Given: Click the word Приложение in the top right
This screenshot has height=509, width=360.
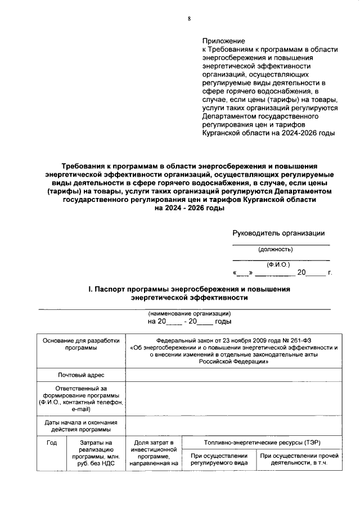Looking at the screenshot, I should pos(223,41).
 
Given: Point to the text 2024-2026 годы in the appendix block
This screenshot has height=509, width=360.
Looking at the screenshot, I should pos(309,134).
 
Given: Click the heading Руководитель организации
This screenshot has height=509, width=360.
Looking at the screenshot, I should pos(278,233).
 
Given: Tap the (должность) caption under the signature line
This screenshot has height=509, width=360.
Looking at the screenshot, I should pos(275,249).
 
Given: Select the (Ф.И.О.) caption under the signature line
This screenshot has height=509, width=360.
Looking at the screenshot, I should pos(278,264).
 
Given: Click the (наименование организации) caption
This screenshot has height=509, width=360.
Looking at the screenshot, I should pos(190,313).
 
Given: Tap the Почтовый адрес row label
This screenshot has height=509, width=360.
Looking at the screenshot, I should pos(80,375).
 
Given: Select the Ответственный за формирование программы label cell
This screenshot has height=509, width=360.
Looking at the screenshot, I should pos(80,399).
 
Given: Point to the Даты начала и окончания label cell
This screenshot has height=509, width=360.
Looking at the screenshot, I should pos(80,426).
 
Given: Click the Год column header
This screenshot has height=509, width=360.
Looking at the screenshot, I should pos(51,443).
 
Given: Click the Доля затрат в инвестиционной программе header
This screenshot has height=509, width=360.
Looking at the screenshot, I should pos(154,453).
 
